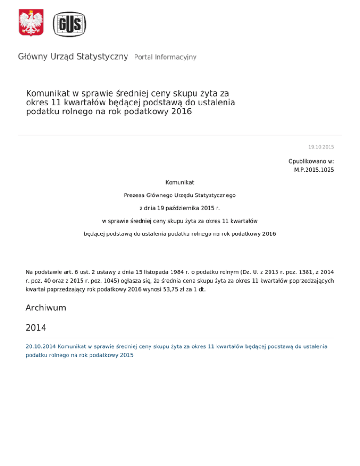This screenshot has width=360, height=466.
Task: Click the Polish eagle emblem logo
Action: point(31,23)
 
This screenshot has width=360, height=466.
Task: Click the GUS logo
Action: point(69,23)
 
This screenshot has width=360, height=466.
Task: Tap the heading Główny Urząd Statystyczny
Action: point(73,57)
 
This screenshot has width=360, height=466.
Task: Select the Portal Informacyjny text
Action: point(165,57)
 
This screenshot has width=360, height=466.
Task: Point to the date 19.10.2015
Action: point(321,147)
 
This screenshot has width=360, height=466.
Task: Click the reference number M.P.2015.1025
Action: point(314,170)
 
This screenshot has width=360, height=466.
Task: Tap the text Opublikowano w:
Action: point(311,161)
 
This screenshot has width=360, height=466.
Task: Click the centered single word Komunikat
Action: point(180,181)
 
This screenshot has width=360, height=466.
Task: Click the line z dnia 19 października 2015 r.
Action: point(180,207)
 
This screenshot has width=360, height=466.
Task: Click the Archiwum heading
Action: point(45,308)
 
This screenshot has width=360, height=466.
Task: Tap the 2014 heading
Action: point(36,327)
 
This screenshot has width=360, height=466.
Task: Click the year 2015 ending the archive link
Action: point(126,355)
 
